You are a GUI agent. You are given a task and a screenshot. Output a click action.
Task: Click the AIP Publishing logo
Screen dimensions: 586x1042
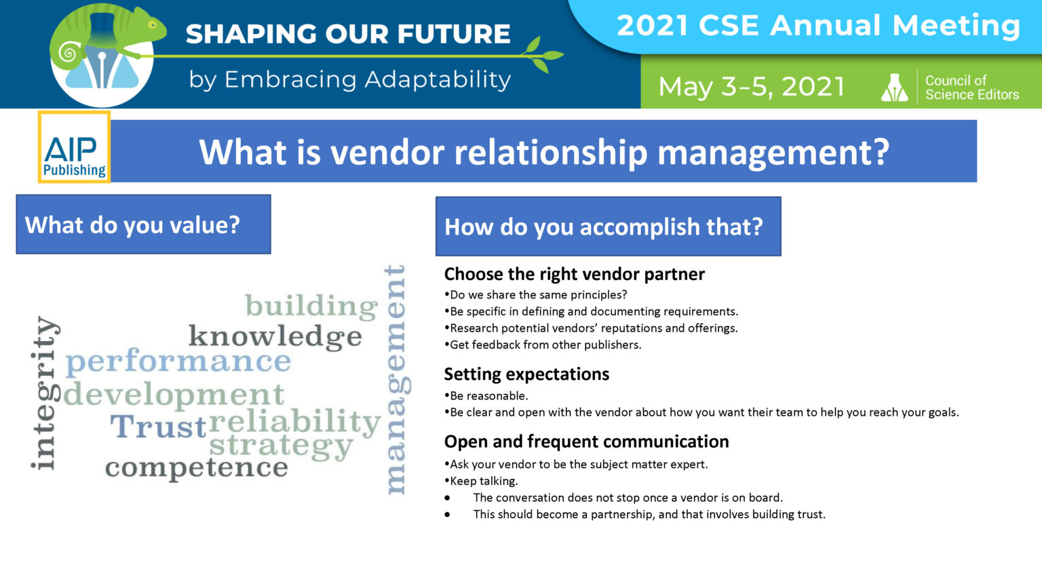pyautogui.click(x=74, y=148)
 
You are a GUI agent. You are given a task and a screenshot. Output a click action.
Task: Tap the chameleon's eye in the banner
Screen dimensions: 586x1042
pyautogui.click(x=153, y=25)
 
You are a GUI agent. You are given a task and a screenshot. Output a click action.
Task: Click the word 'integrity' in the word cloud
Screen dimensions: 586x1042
pyautogui.click(x=44, y=393)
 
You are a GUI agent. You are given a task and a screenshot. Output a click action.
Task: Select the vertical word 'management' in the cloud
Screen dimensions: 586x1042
pyautogui.click(x=395, y=380)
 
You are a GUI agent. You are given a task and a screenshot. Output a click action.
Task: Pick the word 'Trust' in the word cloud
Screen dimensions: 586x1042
pyautogui.click(x=158, y=427)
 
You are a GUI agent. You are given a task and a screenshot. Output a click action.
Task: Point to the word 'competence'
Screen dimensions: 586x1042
pyautogui.click(x=196, y=467)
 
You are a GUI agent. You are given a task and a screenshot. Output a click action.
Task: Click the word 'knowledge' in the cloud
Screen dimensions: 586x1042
pyautogui.click(x=275, y=336)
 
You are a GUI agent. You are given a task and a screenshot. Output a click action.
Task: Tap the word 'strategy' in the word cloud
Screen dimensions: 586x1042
pyautogui.click(x=281, y=447)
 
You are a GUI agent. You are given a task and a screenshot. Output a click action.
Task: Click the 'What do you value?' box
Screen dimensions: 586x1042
pyautogui.click(x=143, y=224)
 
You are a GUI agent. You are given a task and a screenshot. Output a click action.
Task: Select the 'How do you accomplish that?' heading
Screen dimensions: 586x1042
pyautogui.click(x=607, y=227)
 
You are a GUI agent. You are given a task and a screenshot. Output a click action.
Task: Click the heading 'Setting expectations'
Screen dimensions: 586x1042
pyautogui.click(x=526, y=374)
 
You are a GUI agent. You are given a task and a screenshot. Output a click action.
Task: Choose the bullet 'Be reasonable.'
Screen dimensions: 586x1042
pyautogui.click(x=488, y=395)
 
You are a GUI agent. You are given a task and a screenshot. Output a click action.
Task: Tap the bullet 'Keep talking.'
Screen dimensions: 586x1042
pyautogui.click(x=484, y=481)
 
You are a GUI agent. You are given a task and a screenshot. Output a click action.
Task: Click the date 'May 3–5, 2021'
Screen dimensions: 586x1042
pyautogui.click(x=751, y=87)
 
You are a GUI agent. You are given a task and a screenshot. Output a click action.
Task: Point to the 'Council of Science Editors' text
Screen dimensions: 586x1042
pyautogui.click(x=971, y=87)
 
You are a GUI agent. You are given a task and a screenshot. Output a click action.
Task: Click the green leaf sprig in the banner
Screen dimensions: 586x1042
pyautogui.click(x=543, y=54)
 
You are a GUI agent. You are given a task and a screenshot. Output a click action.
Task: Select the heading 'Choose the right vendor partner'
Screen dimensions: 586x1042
pyautogui.click(x=574, y=274)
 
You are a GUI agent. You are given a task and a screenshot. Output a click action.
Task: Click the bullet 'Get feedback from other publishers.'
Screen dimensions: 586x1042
pyautogui.click(x=545, y=345)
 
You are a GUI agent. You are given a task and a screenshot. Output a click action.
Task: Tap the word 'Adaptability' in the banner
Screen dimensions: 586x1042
pyautogui.click(x=438, y=80)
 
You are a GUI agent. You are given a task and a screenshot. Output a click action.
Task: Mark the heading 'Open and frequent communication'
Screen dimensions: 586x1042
pyautogui.click(x=586, y=442)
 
